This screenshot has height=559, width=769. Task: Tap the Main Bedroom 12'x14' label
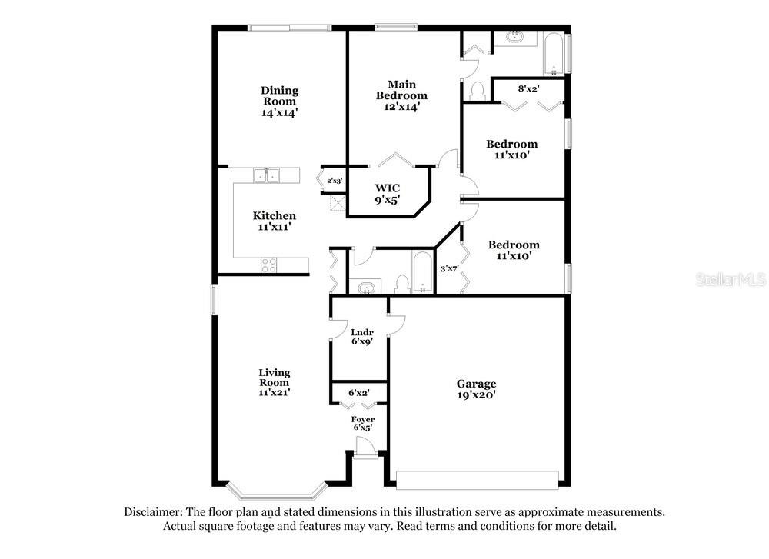click(x=401, y=95)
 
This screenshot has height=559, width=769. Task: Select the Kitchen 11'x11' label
click(x=275, y=221)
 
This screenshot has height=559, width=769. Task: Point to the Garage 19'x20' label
click(x=476, y=389)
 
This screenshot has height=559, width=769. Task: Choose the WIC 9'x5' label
click(x=388, y=194)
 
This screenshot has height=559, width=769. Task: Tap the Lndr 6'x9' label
click(x=362, y=337)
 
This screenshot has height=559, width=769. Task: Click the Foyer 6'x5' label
click(x=362, y=423)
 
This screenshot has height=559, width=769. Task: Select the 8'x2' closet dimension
click(x=529, y=88)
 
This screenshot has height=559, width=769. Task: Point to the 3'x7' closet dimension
click(x=449, y=268)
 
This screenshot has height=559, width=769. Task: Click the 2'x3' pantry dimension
click(x=335, y=181)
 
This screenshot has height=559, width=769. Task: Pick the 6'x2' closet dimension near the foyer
click(x=359, y=393)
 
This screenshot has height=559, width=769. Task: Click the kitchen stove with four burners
click(x=268, y=265)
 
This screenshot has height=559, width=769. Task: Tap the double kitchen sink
click(x=266, y=175)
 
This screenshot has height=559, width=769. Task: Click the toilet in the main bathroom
click(x=477, y=92)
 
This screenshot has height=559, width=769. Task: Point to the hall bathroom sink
click(x=366, y=288)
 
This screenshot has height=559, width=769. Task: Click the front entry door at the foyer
click(x=365, y=448)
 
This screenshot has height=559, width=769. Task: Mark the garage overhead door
click(x=478, y=480)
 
